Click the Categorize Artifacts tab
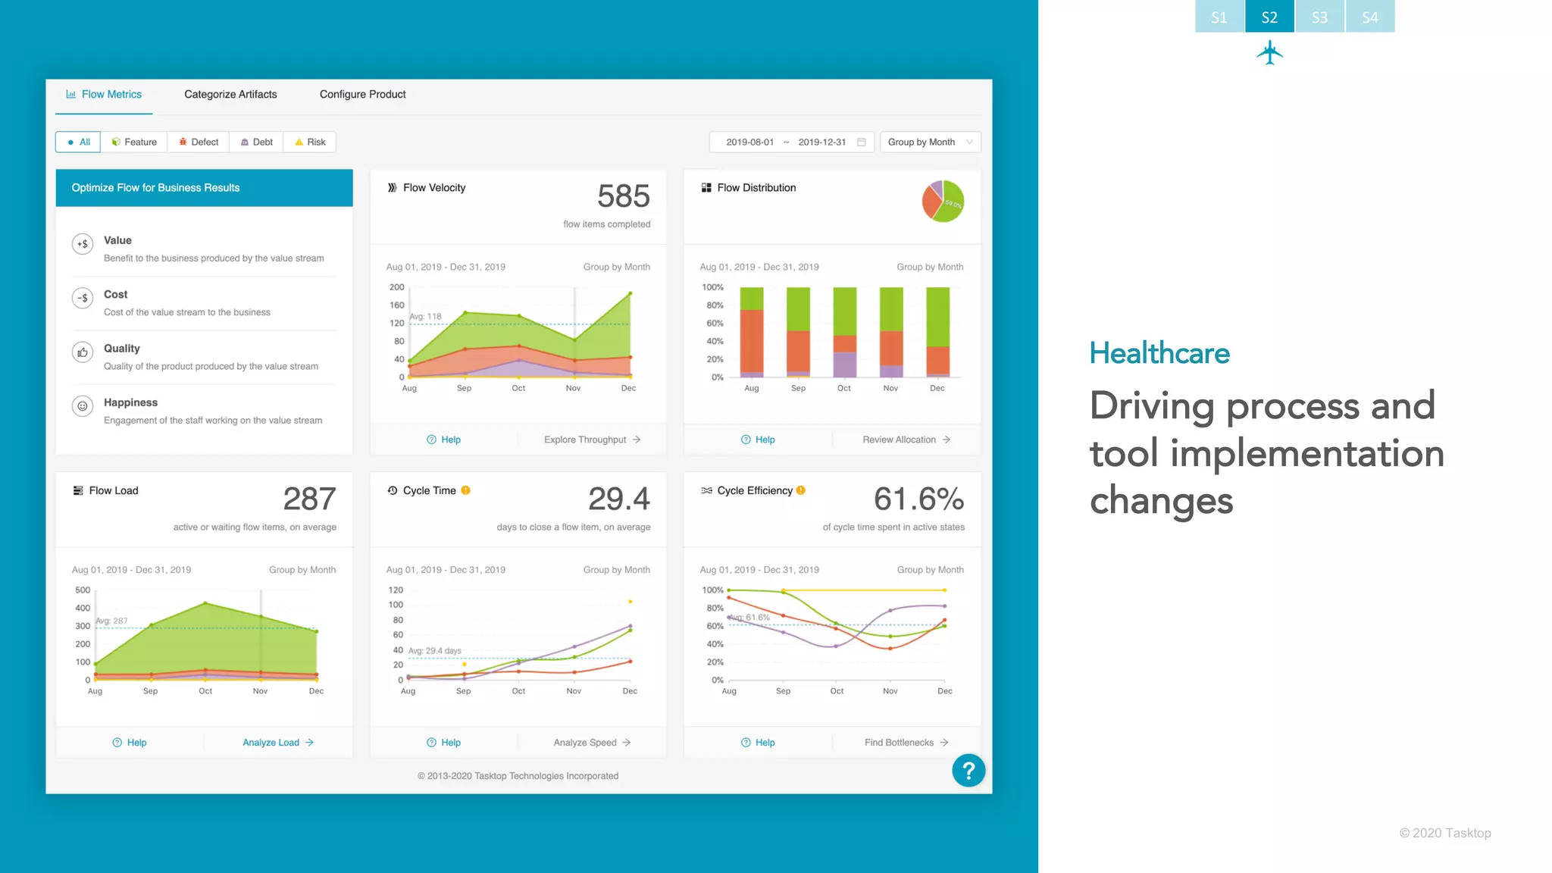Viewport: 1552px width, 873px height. point(230,95)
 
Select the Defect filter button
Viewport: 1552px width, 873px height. point(199,142)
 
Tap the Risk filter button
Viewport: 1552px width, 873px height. point(310,142)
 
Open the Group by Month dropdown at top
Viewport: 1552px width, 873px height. point(930,142)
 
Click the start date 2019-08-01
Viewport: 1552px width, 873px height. point(749,142)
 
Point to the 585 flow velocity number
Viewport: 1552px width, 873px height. point(623,197)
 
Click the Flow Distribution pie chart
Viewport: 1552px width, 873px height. point(943,202)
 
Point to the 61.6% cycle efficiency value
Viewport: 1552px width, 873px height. point(918,499)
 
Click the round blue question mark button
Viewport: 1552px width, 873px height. point(968,771)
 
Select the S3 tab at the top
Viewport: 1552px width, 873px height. point(1319,17)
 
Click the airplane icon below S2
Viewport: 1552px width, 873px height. point(1269,54)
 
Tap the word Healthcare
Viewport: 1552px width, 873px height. point(1159,353)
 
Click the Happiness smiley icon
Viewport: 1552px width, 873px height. point(83,406)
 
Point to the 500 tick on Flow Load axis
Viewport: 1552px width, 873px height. point(83,590)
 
